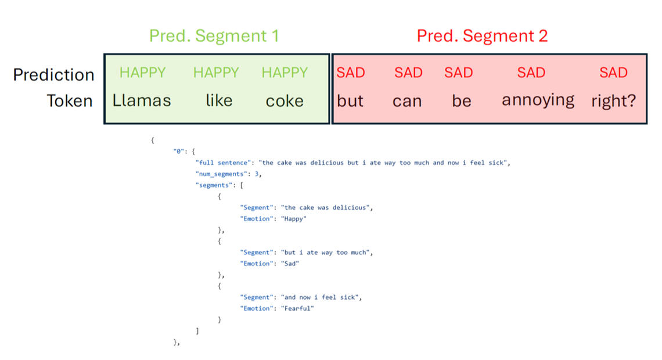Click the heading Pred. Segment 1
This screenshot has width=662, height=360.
[x=214, y=36]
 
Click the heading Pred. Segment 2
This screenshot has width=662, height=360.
[x=482, y=36]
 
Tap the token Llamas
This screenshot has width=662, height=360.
[x=142, y=100]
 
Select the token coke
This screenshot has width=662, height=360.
[x=285, y=101]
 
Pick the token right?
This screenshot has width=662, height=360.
[x=613, y=101]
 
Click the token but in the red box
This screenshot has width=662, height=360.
[x=350, y=101]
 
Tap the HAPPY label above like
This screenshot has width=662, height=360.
[x=216, y=73]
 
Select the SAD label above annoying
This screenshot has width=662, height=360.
[x=531, y=73]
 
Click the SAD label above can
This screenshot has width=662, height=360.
[x=408, y=73]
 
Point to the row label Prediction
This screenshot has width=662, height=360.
[x=53, y=75]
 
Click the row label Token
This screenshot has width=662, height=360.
[x=70, y=101]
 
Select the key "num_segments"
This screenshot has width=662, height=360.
[x=221, y=174]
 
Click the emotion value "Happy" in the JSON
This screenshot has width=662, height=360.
[x=294, y=219]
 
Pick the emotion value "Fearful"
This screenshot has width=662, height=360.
[x=298, y=308]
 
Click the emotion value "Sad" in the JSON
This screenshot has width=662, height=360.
[x=290, y=264]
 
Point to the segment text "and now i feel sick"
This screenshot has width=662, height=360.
[x=321, y=297]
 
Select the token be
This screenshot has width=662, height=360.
[x=461, y=101]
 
